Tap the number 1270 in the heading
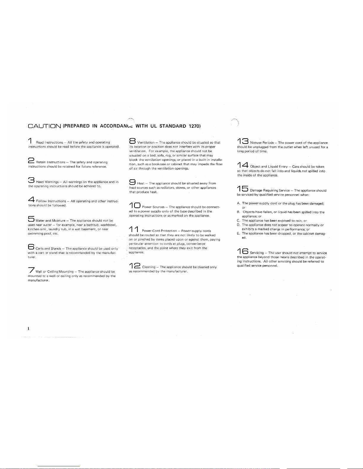[194, 126]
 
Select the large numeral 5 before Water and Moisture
[31, 219]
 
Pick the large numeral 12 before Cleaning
[135, 265]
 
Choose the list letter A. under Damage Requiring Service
[239, 203]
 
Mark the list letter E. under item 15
[239, 233]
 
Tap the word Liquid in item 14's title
[273, 167]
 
